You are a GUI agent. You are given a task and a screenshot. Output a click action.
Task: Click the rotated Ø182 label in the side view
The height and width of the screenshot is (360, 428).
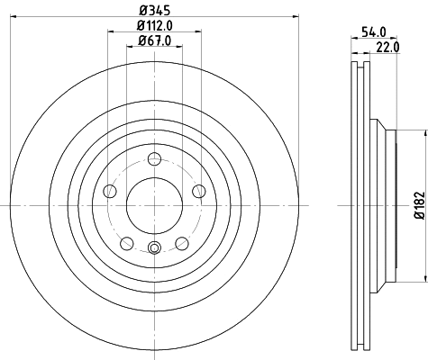419,206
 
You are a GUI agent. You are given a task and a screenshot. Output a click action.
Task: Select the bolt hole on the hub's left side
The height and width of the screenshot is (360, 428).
111,190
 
